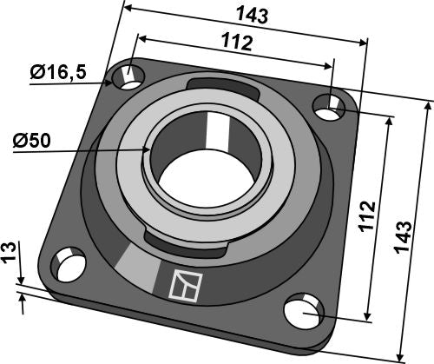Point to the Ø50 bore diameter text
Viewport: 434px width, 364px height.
click(33, 140)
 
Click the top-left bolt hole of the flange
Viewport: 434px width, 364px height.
click(129, 76)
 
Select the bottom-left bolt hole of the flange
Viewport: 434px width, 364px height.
click(68, 261)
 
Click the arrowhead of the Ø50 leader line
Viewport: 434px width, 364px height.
click(149, 149)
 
